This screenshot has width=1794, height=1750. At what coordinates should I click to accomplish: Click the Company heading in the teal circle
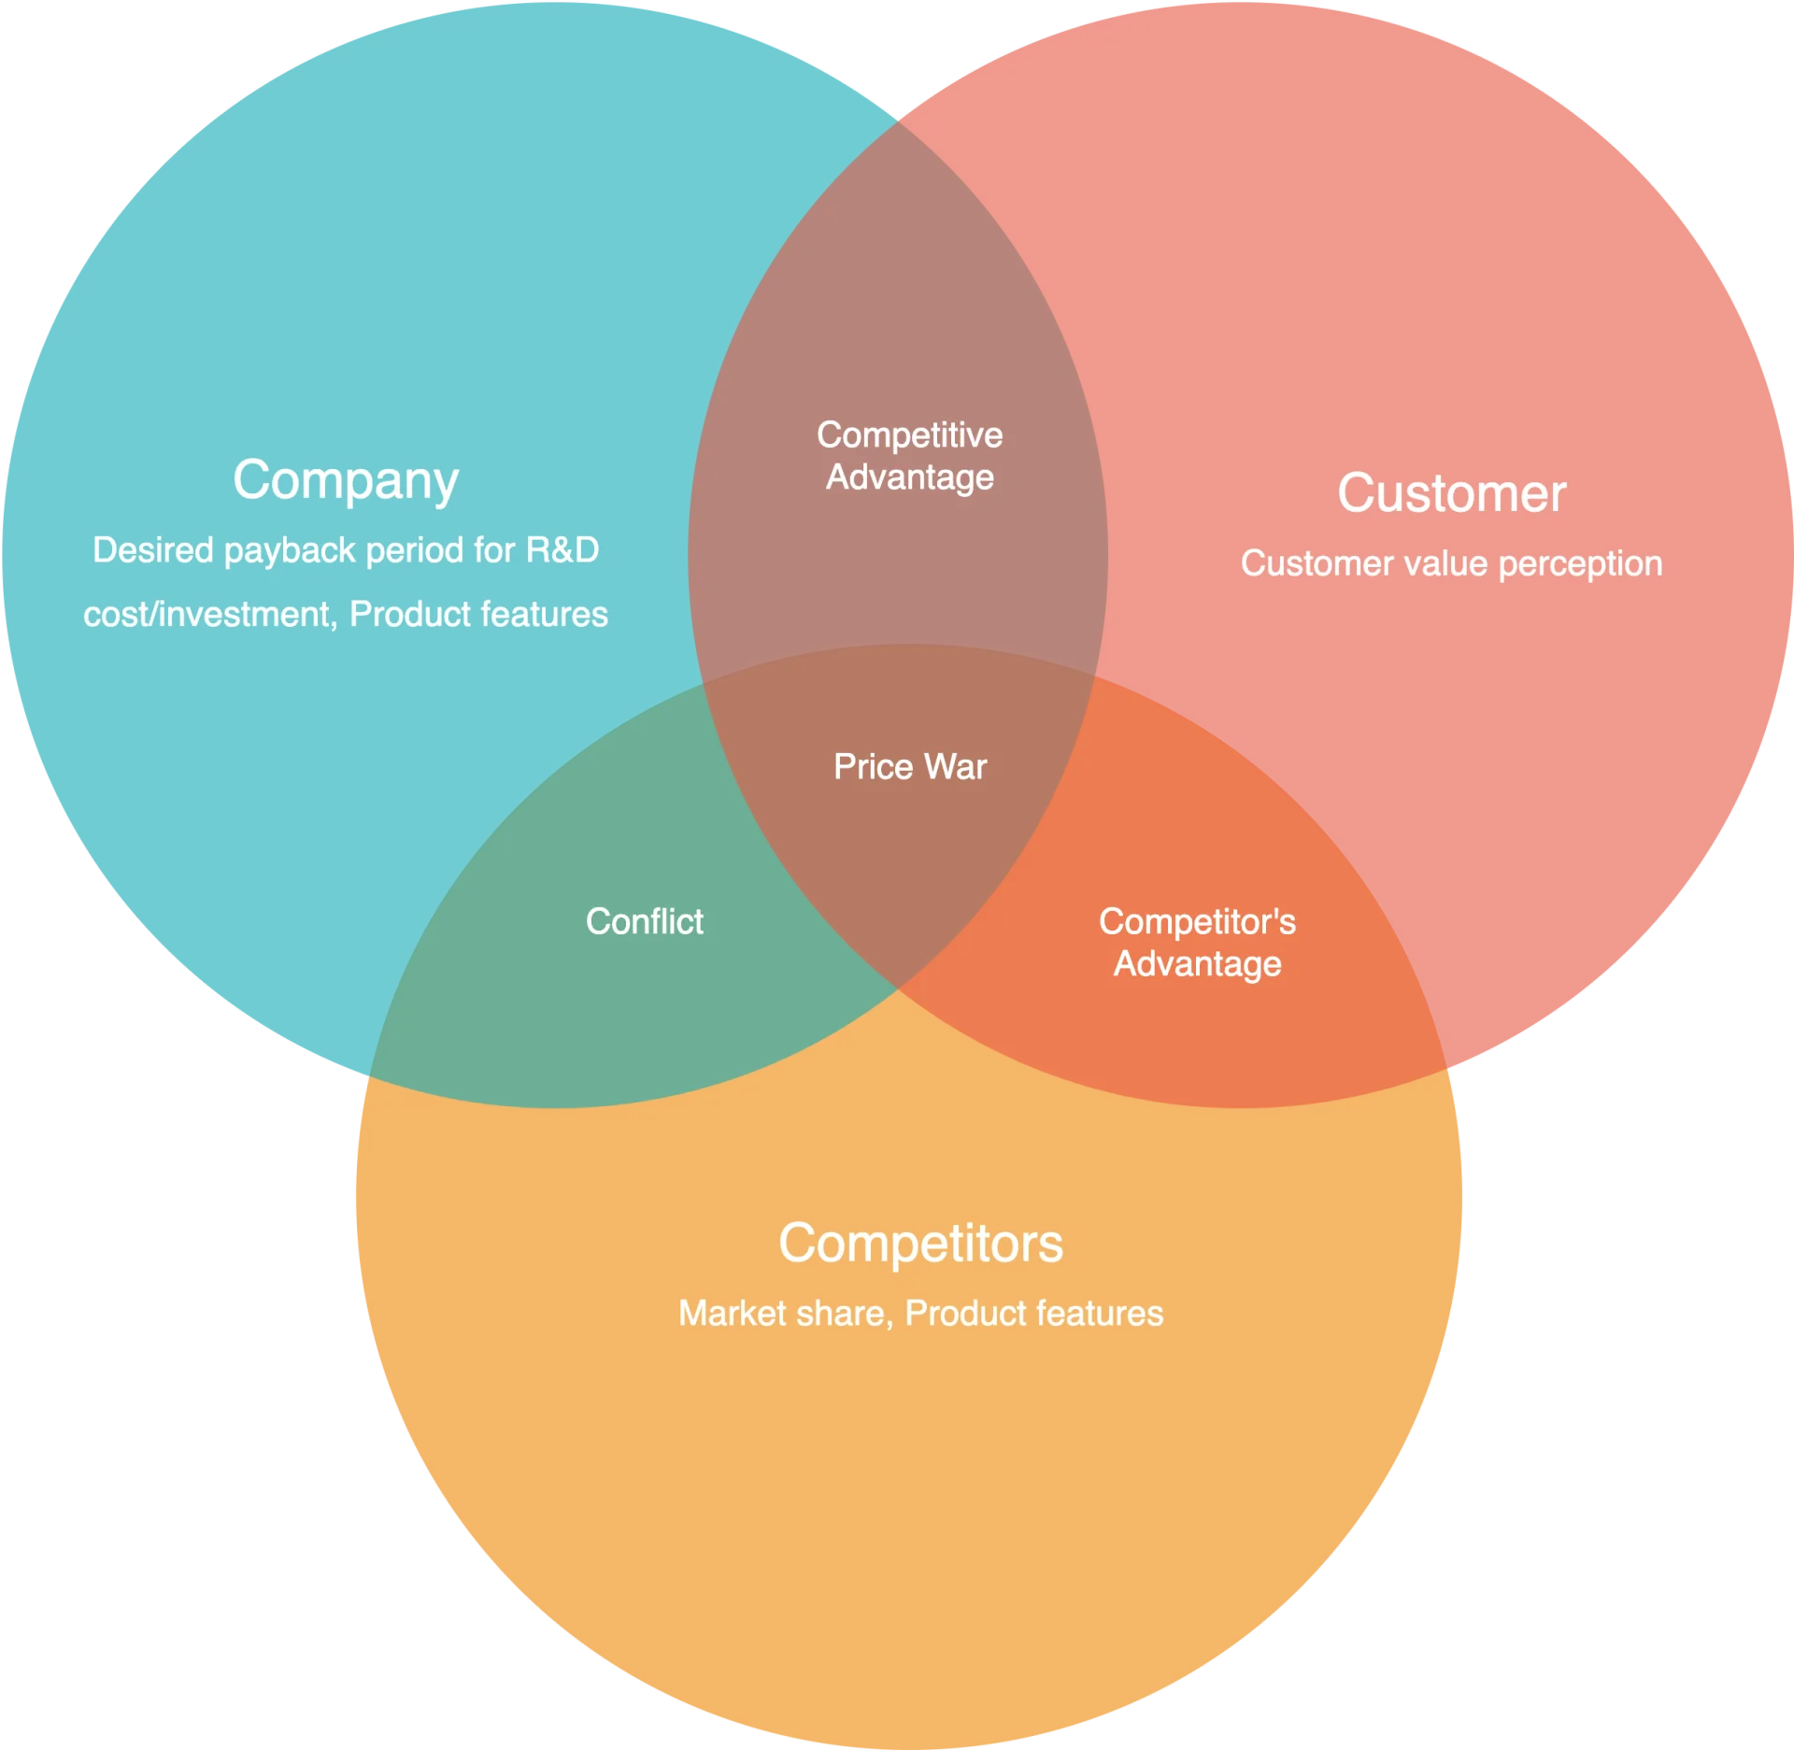(346, 480)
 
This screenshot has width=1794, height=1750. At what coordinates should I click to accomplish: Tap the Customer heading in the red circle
(1451, 493)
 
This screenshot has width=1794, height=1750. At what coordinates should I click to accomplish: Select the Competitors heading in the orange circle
(920, 1244)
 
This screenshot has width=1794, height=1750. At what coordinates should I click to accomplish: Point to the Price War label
(910, 767)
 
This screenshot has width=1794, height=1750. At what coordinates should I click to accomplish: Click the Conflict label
(645, 921)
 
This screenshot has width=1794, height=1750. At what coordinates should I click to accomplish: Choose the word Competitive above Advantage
(910, 434)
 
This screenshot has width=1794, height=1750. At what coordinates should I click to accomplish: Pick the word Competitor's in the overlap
(1197, 921)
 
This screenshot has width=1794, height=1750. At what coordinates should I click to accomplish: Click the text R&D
(562, 550)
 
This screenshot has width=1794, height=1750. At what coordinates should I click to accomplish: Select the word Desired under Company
(153, 550)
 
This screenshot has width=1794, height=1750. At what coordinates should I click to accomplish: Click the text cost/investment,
(210, 615)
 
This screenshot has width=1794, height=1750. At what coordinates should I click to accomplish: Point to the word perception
(1580, 564)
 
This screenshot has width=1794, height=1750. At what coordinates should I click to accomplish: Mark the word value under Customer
(1445, 563)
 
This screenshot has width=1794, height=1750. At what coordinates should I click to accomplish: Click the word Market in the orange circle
(733, 1314)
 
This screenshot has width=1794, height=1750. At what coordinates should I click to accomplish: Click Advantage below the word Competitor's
(1197, 964)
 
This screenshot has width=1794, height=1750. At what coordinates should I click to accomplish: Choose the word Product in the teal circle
(409, 615)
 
